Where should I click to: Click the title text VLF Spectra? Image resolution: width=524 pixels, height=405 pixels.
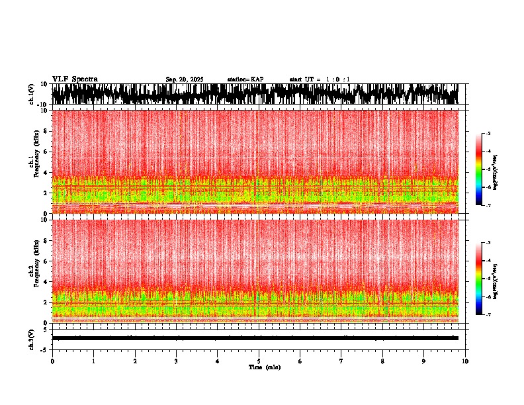[75, 79]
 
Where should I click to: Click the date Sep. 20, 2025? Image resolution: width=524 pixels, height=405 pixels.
[185, 79]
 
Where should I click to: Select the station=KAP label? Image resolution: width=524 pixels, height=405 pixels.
[245, 79]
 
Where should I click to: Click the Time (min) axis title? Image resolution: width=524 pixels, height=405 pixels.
[265, 367]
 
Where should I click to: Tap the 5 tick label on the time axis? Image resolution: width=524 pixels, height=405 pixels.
[259, 361]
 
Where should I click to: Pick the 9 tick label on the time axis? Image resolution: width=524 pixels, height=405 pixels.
[424, 361]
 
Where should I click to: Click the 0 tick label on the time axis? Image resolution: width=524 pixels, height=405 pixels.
[52, 361]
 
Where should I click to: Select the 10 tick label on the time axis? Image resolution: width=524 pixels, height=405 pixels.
[465, 361]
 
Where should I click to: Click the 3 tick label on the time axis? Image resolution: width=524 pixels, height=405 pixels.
[176, 361]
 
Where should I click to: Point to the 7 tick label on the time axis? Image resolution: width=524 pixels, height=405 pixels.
[341, 361]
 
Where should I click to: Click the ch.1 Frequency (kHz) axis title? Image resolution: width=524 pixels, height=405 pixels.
[34, 161]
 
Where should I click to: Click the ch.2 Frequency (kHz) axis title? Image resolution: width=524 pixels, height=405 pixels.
[34, 271]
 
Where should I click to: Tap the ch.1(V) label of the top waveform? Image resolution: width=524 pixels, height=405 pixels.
[31, 94]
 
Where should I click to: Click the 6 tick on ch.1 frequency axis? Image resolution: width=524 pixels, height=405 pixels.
[44, 152]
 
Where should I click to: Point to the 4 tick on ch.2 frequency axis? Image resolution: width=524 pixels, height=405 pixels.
[44, 281]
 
